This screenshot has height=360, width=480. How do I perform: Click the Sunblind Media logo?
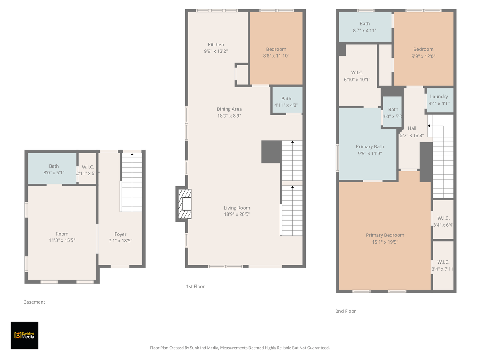pos(24,335)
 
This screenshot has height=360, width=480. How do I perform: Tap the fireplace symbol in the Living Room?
pos(184,204)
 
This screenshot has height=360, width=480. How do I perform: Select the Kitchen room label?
pos(216,45)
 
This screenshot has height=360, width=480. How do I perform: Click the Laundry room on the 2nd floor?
pos(439,100)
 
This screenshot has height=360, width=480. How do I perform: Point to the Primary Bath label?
pos(370,147)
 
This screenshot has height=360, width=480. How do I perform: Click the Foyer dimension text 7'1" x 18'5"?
pos(120,241)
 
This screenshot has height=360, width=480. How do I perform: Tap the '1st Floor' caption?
pos(195,286)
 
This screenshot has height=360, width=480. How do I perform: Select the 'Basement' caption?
pos(34,302)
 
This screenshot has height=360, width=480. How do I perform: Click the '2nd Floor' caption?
pos(345,311)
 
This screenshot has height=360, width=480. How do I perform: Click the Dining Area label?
pos(229,109)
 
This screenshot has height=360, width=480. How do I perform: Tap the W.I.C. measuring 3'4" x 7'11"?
pos(443,266)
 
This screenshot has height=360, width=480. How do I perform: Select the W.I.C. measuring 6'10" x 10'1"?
pos(357,76)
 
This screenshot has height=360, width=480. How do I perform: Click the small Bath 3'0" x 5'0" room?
pos(393,112)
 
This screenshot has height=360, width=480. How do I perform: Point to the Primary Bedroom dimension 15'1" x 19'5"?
pos(385,242)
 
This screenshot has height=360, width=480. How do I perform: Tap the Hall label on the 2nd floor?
pos(412,128)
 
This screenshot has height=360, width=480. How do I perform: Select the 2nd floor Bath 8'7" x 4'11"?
pos(364,27)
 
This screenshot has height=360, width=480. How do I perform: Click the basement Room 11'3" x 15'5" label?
pos(62,237)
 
